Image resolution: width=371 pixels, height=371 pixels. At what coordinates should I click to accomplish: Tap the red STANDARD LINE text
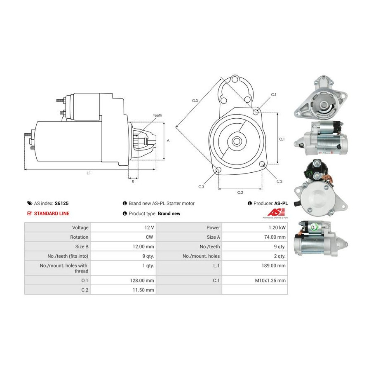pos(52,214)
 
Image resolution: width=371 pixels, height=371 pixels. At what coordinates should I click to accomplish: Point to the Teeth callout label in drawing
pos(157,115)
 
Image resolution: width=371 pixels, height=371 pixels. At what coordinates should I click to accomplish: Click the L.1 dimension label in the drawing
pos(89,173)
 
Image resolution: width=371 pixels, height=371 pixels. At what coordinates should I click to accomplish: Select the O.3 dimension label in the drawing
pos(195,101)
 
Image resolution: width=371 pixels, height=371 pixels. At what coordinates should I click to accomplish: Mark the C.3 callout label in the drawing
pos(201,187)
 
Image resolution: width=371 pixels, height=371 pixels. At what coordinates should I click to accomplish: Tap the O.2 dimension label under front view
pos(240,193)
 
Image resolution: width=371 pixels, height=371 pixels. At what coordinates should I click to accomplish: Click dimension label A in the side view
pos(168,140)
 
